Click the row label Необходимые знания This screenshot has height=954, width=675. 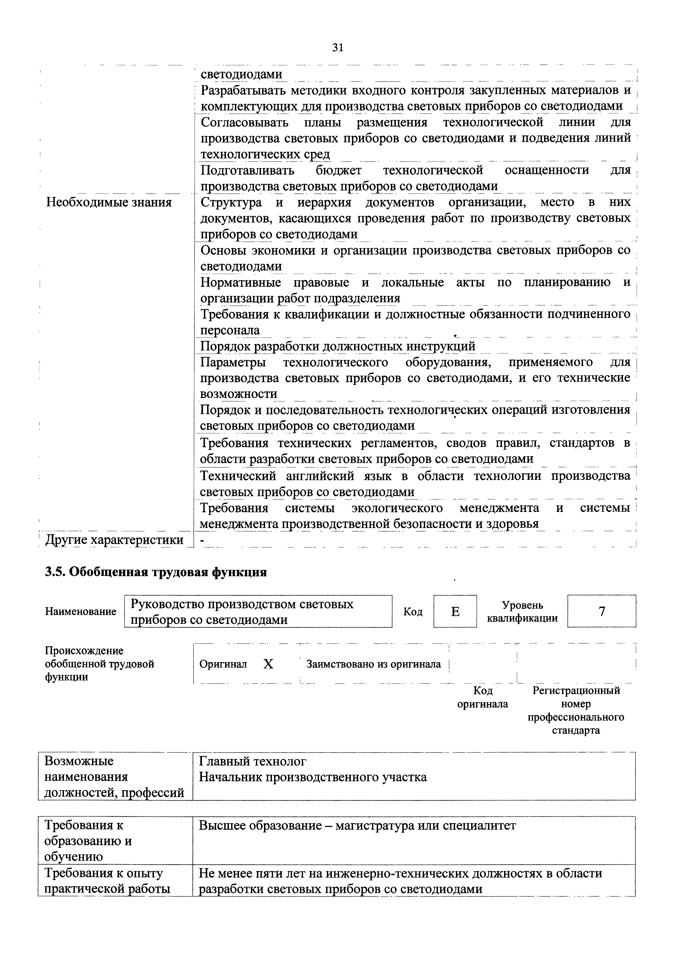[x=109, y=202]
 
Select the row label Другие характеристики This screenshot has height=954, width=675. [x=114, y=540]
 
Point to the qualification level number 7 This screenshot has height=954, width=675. [x=602, y=612]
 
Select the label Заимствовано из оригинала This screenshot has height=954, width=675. [x=373, y=664]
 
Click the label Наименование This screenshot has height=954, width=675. [x=81, y=612]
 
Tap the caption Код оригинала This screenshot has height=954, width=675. [x=483, y=697]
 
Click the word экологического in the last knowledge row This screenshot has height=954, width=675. [x=397, y=508]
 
